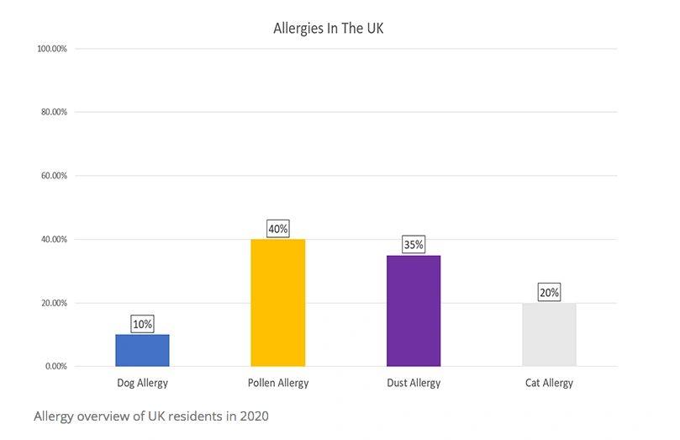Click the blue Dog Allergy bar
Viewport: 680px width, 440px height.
pos(142,351)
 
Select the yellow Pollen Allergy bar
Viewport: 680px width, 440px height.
pos(278,303)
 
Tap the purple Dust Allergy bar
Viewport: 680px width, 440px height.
pos(414,311)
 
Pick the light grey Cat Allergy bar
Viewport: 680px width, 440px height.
pos(550,335)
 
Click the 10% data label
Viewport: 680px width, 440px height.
pos(142,324)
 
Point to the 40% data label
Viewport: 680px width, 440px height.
pos(278,228)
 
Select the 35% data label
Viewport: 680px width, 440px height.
pos(414,245)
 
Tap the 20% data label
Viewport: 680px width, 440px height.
pos(550,292)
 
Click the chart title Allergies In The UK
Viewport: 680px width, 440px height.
pos(329,29)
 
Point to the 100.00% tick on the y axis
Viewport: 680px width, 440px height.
pos(53,49)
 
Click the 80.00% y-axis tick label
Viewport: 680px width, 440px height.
pos(55,112)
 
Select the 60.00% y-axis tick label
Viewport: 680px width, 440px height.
pos(55,176)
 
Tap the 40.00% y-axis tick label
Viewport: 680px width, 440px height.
pos(55,240)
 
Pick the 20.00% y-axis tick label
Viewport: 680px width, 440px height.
pos(55,303)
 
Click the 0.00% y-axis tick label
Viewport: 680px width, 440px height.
pos(56,367)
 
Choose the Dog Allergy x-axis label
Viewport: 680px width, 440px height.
pos(142,384)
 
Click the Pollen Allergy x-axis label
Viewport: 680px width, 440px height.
pos(278,384)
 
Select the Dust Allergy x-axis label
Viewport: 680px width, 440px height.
pos(414,384)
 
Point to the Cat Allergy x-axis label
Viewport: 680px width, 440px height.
pos(550,384)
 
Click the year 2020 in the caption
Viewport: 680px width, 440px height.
pos(251,416)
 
